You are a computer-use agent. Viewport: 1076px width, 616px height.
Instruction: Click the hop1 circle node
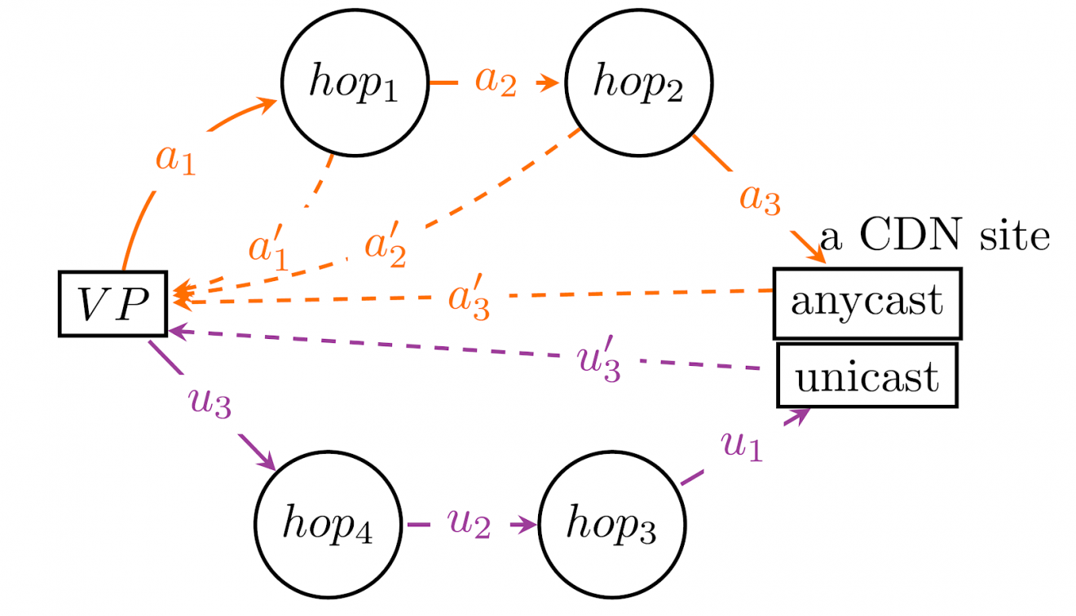354,82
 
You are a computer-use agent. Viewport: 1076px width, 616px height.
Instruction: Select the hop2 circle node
639,82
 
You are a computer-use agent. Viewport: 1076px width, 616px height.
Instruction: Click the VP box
112,303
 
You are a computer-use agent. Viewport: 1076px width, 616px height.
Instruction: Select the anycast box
867,303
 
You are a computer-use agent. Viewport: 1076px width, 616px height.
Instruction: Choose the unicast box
867,376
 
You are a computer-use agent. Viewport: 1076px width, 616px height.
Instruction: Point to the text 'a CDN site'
934,236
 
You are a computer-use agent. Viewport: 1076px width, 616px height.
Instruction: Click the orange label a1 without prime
176,159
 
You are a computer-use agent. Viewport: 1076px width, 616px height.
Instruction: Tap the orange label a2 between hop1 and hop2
496,82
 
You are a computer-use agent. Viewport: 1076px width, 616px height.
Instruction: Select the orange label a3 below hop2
760,198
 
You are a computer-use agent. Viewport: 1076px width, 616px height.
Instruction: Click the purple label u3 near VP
210,403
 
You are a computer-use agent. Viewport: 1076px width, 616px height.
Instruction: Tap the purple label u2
469,525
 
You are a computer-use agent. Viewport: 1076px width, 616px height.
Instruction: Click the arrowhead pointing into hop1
268,103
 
